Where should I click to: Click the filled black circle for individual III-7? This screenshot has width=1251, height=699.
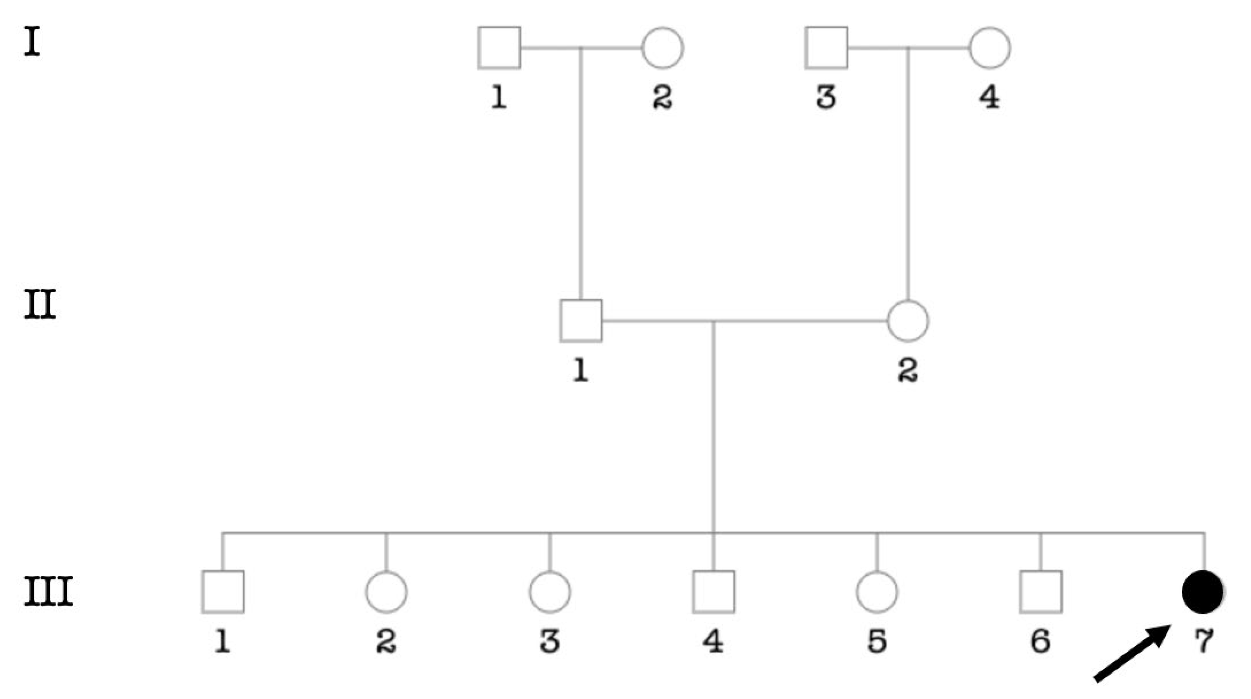[1203, 592]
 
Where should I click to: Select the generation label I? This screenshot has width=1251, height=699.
[32, 42]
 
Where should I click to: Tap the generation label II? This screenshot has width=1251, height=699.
[40, 305]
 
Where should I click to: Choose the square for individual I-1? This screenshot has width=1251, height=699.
[499, 48]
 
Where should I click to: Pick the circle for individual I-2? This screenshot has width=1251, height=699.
[662, 48]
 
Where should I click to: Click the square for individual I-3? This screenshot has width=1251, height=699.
[826, 48]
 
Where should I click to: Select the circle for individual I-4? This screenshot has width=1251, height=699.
[990, 48]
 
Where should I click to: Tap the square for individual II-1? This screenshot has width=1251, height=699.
[581, 321]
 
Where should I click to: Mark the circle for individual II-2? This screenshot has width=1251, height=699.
[908, 321]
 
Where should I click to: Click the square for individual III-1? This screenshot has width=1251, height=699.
[223, 592]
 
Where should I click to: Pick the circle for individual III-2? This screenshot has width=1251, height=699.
[386, 592]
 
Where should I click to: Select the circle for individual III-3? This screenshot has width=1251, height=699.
[550, 592]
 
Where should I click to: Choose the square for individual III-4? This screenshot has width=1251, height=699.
[713, 592]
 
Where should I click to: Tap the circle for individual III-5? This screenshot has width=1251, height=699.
[877, 592]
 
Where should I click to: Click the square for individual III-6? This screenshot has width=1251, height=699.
[1040, 592]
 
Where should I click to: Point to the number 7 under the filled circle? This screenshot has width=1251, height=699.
[1204, 641]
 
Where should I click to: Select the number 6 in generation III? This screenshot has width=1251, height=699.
[1040, 641]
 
